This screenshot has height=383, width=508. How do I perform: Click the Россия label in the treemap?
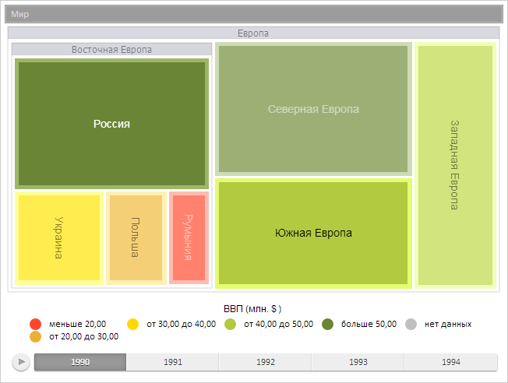pos(111,124)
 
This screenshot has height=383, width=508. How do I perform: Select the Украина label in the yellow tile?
pos(58,237)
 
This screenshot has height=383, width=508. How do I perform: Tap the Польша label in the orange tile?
pos(135,237)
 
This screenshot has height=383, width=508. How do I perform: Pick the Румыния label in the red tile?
pos(189,237)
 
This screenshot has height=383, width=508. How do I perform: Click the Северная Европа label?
pos(313,110)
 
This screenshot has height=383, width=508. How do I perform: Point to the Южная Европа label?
pos(313,233)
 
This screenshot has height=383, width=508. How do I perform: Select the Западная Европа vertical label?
pos(455,164)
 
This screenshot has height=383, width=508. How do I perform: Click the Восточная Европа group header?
pos(111,49)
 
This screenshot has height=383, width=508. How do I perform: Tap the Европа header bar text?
pos(253,33)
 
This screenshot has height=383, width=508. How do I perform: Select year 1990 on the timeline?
pos(79,362)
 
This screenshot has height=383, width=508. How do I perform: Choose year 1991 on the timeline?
pos(173,362)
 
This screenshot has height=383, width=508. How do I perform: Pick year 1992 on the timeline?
pos(266,362)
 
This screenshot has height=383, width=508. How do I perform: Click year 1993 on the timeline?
pos(358,362)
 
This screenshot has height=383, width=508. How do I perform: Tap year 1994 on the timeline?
pos(450,362)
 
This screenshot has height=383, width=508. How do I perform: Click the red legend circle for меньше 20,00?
pos(35,324)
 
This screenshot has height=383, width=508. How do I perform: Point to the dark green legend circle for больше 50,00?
pos(328,324)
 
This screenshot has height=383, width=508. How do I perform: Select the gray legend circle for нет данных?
pos(411,324)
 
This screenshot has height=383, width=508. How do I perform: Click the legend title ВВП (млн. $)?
pos(253,308)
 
